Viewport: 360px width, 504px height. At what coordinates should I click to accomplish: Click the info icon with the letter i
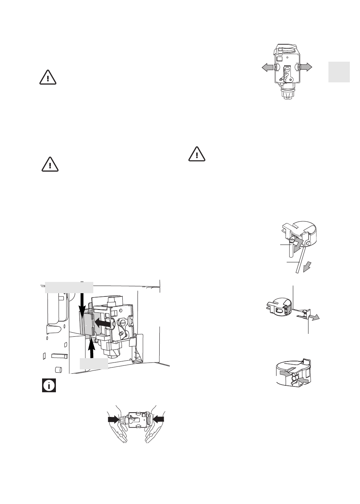coord(49,385)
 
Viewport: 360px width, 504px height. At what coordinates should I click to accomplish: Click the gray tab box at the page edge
coord(340,72)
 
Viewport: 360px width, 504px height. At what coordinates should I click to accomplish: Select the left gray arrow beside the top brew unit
coord(269,67)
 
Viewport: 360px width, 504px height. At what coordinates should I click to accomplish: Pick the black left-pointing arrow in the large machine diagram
coord(102,322)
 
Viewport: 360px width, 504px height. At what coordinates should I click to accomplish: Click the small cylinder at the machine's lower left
coord(57,370)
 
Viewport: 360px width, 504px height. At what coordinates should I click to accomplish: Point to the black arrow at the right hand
coord(158,419)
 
